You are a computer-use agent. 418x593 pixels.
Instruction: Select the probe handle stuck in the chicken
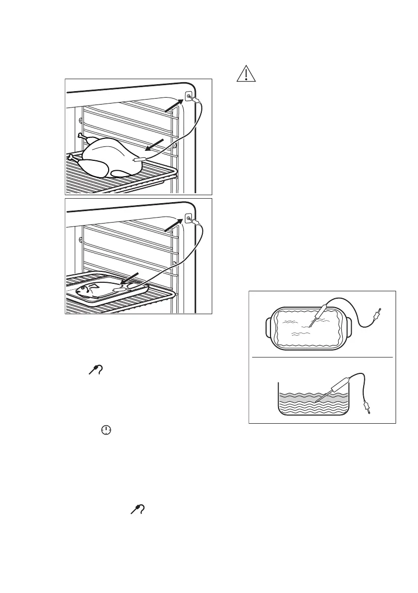tap(139, 160)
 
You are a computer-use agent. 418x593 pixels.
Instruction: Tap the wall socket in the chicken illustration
tap(189, 97)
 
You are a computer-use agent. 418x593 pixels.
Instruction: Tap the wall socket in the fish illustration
tap(189, 218)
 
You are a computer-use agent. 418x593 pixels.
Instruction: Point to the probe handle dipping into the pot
tap(336, 379)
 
